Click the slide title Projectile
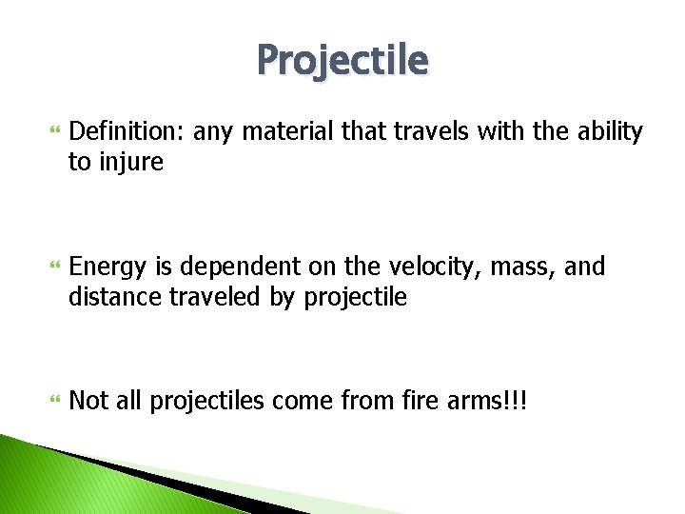[342, 61]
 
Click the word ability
[610, 132]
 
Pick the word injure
[128, 163]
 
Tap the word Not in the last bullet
[89, 402]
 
